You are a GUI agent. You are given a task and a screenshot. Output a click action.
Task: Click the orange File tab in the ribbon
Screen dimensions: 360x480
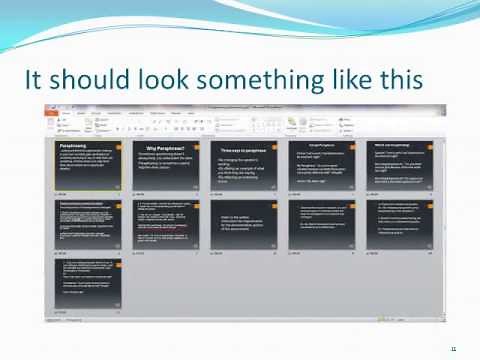[x=52, y=114]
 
